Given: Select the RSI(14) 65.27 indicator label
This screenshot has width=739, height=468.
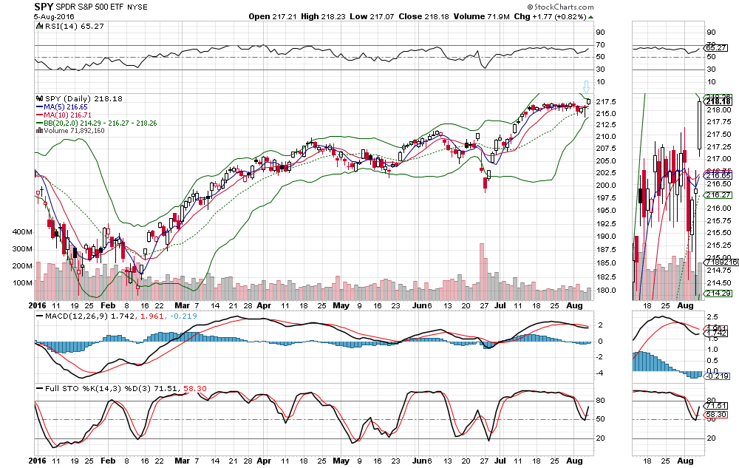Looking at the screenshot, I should pyautogui.click(x=63, y=25).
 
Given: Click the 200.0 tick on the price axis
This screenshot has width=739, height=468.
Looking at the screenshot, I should pyautogui.click(x=605, y=186).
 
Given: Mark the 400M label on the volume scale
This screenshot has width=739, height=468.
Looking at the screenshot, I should pyautogui.click(x=22, y=231).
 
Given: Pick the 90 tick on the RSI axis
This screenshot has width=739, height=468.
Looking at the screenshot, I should pyautogui.click(x=600, y=32).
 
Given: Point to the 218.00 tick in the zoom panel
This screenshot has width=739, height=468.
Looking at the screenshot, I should pyautogui.click(x=716, y=109).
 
